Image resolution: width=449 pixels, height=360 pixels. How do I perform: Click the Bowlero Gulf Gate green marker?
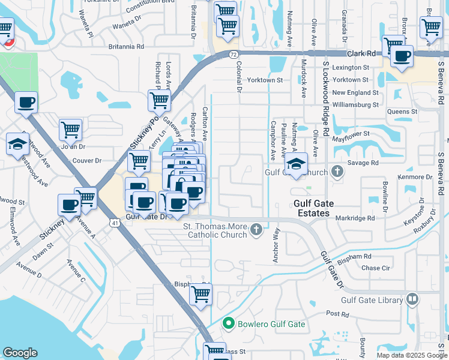point(228,324)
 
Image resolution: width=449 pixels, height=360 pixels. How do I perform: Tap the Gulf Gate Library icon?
point(412,299)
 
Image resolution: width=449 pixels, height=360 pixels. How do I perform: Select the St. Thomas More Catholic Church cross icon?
point(256,230)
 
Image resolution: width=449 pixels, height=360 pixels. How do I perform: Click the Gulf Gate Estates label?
point(312,208)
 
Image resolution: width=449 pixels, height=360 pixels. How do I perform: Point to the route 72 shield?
point(233,54)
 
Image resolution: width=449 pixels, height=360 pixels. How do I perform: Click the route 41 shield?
point(113,223)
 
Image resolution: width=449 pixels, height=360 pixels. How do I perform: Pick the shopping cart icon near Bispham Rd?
point(200,294)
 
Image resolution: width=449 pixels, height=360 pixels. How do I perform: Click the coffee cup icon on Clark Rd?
point(402,57)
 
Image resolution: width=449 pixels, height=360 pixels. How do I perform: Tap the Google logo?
point(20,353)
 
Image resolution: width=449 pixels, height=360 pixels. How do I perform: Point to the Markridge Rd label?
point(355,218)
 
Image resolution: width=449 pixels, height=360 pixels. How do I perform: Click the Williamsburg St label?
point(355,104)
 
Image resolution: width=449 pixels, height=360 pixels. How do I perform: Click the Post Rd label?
point(337,314)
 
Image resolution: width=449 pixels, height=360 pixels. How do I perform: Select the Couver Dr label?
point(87,161)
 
